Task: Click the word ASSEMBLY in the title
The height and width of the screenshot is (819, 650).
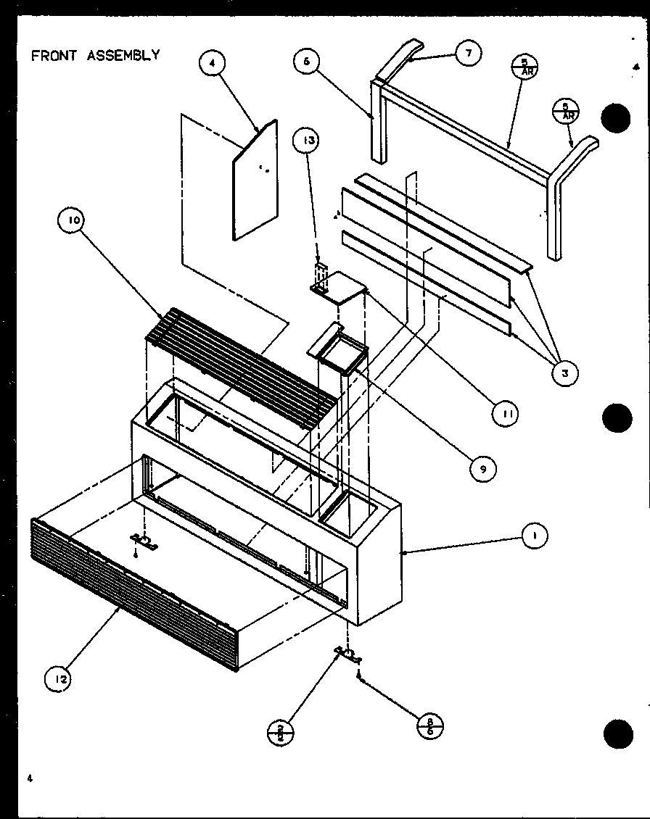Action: tap(124, 56)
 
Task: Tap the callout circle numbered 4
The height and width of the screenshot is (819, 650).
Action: tap(211, 64)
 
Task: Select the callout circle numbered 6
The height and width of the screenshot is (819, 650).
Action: tap(307, 62)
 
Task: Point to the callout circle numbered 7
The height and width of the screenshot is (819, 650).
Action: tap(469, 52)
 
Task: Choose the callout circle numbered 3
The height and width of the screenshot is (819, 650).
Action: tap(564, 373)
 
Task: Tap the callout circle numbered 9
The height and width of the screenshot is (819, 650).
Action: tap(482, 469)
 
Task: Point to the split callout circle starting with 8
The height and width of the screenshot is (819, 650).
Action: tap(430, 726)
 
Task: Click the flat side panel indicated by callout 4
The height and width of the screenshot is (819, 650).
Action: tap(255, 181)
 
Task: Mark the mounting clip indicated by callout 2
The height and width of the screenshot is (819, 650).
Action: tap(348, 654)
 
